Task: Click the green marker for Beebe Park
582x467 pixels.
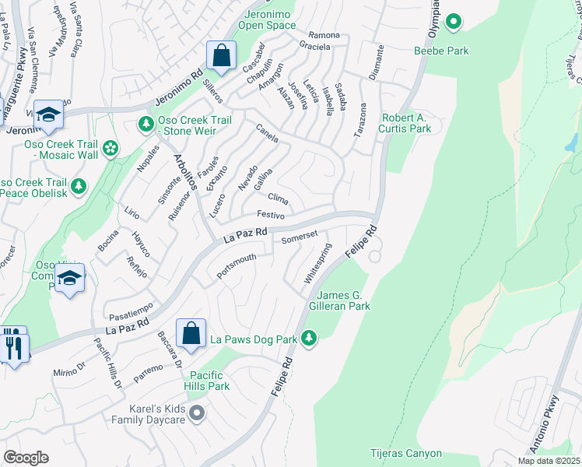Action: pyautogui.click(x=454, y=23)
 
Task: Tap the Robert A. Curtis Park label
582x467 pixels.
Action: pyautogui.click(x=405, y=123)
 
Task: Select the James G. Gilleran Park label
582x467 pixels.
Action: pyautogui.click(x=343, y=300)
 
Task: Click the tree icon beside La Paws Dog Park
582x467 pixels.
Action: pyautogui.click(x=310, y=339)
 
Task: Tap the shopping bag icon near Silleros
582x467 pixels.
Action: pyautogui.click(x=222, y=56)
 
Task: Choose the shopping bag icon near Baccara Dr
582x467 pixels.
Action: pyautogui.click(x=191, y=334)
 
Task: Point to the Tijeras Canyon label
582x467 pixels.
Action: pyautogui.click(x=405, y=454)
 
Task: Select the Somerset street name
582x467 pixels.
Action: pyautogui.click(x=300, y=237)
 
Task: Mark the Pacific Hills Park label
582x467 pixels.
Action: pyautogui.click(x=207, y=381)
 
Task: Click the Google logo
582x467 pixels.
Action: pyautogui.click(x=26, y=458)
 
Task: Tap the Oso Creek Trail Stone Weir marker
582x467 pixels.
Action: pyautogui.click(x=145, y=124)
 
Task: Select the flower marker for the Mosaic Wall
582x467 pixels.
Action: pyautogui.click(x=110, y=148)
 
